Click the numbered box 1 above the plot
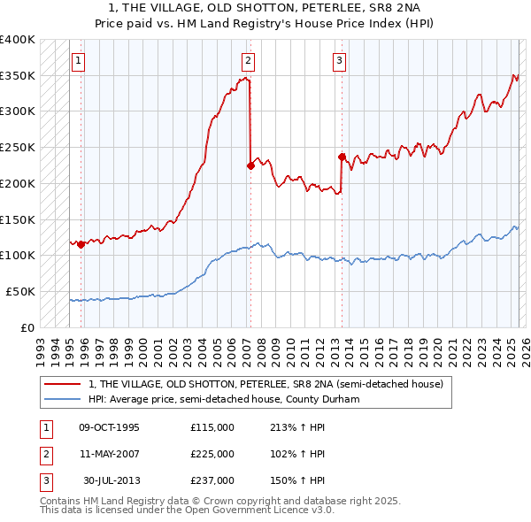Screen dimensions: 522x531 [79, 61]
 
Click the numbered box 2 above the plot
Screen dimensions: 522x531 [248, 61]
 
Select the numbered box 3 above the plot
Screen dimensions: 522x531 [339, 61]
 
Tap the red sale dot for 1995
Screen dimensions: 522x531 [81, 244]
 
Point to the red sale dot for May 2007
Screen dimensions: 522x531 [250, 165]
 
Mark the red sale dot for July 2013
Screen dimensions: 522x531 [342, 157]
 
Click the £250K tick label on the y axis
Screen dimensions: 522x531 [17, 147]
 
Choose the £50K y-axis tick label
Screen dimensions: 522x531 [20, 291]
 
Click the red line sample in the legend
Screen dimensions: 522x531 [63, 384]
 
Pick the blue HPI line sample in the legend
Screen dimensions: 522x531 [63, 399]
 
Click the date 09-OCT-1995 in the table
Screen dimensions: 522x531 [109, 427]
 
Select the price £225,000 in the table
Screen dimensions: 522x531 [212, 454]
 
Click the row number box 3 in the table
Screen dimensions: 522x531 [44, 480]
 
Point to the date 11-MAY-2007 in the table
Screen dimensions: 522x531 [109, 454]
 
